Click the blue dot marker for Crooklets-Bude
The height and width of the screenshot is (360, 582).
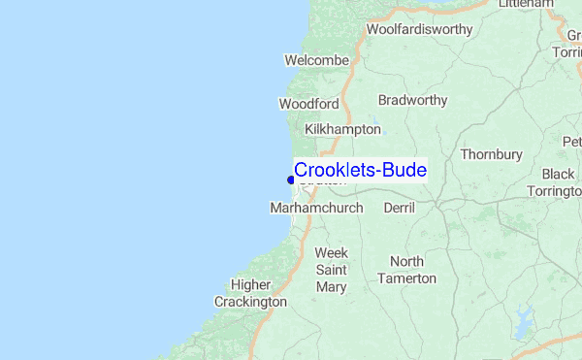point(291,180)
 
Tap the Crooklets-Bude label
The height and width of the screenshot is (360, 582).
point(360,170)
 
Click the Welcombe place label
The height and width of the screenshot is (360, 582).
point(316,60)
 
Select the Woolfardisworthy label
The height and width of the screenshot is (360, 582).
point(420,29)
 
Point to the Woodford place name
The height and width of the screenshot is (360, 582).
point(308,104)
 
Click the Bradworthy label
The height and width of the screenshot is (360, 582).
point(412,100)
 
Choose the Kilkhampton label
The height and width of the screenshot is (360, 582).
point(342,129)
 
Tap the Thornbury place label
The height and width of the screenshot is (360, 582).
point(491,154)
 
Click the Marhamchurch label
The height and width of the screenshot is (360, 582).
point(315,209)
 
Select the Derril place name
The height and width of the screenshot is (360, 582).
point(399,209)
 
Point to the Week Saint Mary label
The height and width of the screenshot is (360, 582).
point(331,270)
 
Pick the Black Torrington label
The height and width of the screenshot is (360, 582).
point(560,182)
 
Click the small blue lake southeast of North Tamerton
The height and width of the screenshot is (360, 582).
point(526,317)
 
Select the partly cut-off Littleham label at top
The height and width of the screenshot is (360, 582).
point(525,5)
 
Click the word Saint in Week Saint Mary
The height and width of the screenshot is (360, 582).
point(331,270)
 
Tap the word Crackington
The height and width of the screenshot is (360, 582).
point(250,302)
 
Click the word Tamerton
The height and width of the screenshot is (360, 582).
point(413,278)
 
